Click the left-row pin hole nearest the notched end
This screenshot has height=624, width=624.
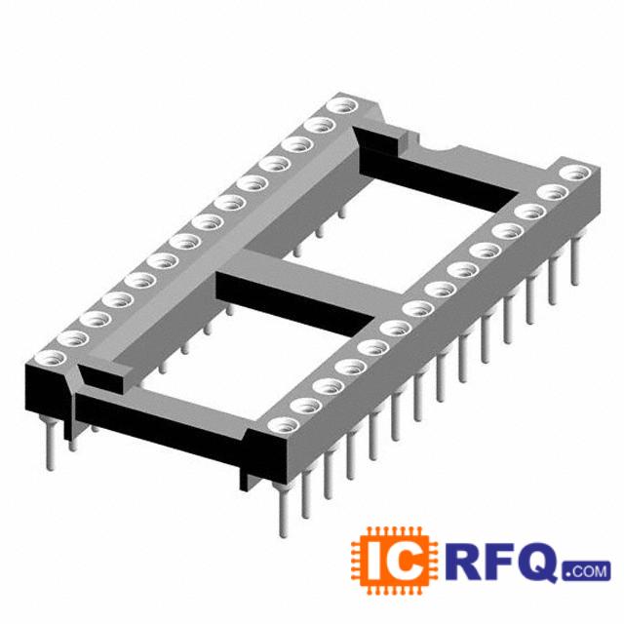click(x=341, y=106)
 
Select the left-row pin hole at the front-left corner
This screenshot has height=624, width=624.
click(x=50, y=358)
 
